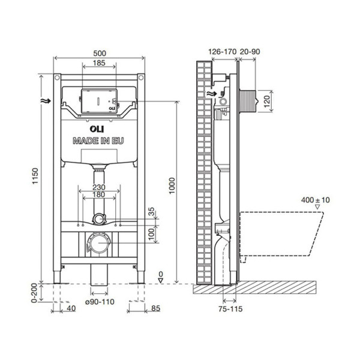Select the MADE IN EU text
[x=100, y=141]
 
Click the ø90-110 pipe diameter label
[x=99, y=301]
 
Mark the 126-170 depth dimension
[x=221, y=52]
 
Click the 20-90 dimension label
[x=250, y=52]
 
